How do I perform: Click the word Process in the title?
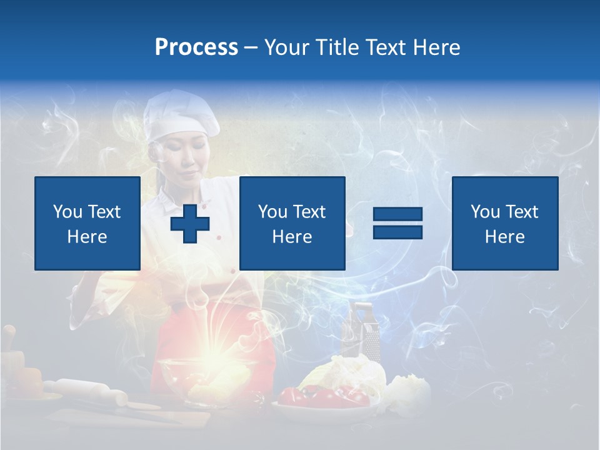point(196,47)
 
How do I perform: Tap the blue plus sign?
point(190,224)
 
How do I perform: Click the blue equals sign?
point(397,223)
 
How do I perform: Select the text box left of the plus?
point(87,223)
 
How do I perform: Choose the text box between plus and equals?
point(292,223)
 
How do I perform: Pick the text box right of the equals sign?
point(504,223)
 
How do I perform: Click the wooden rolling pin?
point(87,391)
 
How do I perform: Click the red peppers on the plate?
point(319,396)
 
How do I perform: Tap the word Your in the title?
point(287,47)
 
